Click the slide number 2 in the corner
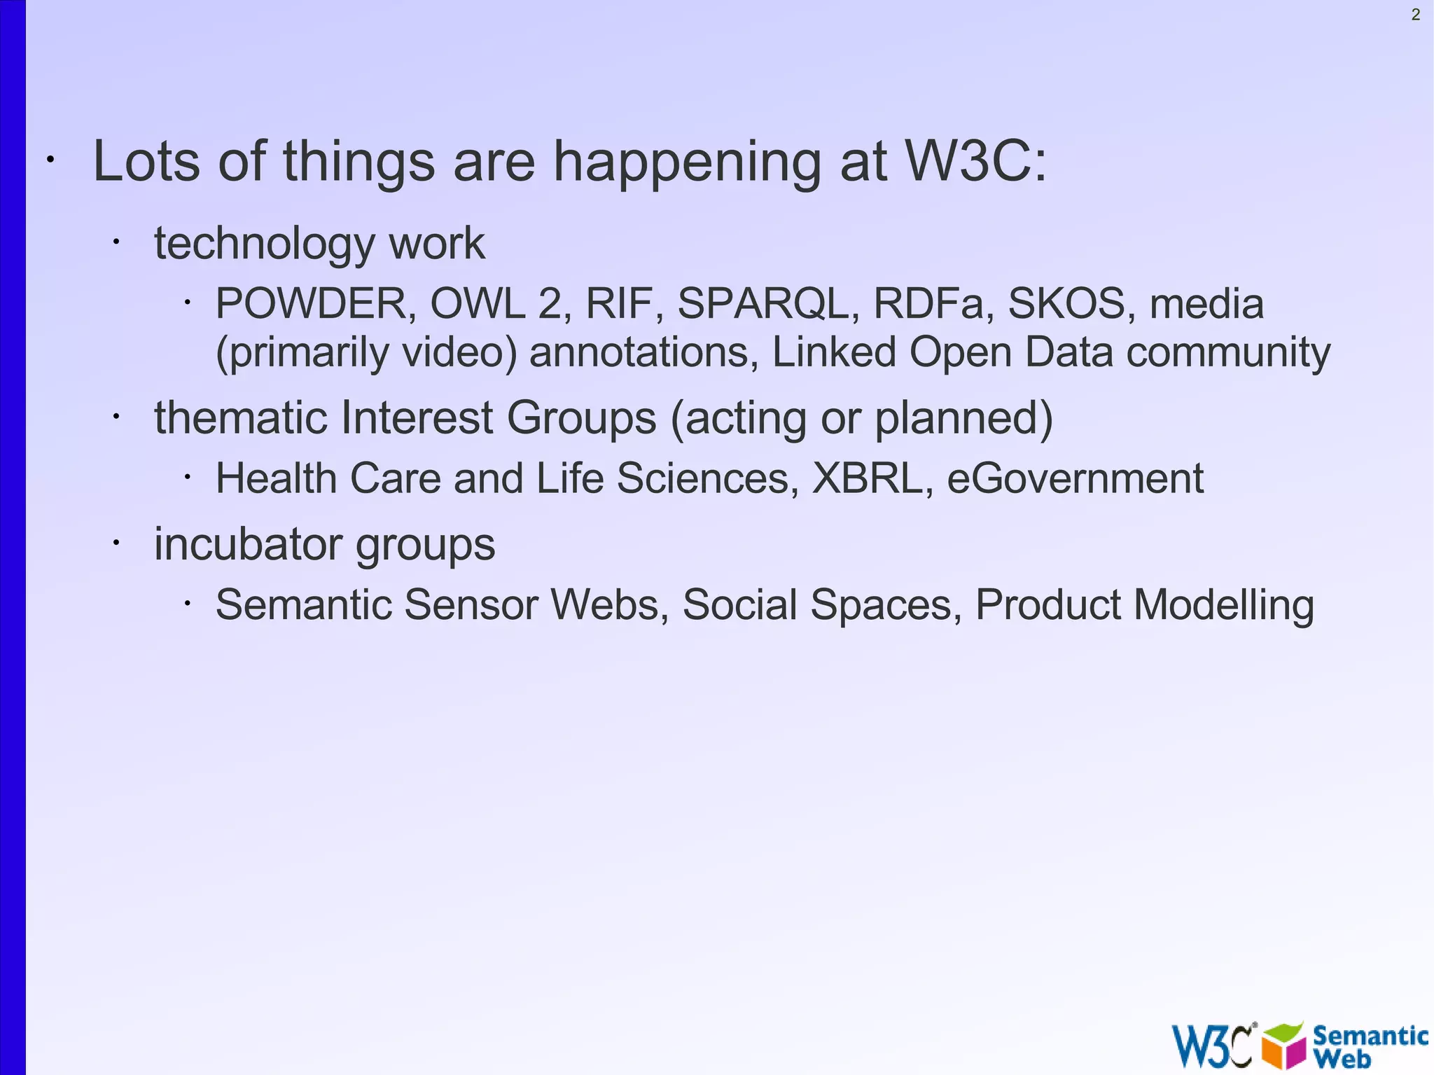click(1415, 15)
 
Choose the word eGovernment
click(1075, 478)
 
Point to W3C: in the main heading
click(976, 162)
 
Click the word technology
click(265, 244)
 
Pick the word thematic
click(241, 418)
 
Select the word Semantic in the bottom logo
click(1370, 1034)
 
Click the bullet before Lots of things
click(50, 160)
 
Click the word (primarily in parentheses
click(302, 352)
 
